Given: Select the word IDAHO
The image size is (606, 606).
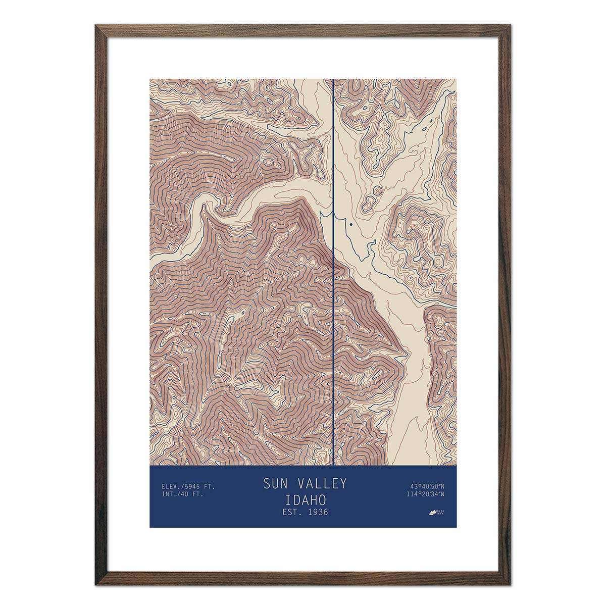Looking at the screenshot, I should (305, 499).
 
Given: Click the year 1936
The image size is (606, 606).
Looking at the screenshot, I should (317, 512).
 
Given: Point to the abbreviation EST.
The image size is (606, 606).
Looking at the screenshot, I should (291, 512).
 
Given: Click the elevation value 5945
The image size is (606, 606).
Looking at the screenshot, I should (193, 487).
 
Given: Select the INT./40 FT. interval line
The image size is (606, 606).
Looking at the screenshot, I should (182, 494).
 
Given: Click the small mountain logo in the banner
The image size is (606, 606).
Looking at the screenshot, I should (433, 513).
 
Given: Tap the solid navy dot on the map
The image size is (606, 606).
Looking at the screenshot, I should (350, 224).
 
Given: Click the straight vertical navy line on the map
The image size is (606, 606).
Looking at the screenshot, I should (334, 303).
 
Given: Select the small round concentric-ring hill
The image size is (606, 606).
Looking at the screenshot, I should (377, 190).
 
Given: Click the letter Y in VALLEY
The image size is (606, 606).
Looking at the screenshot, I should (342, 484).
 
